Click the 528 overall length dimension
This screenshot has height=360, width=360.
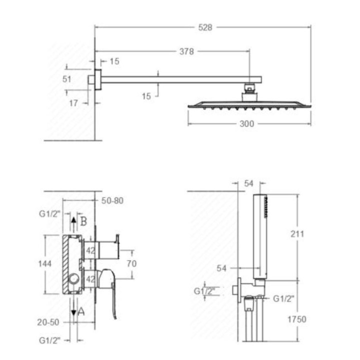(x=205, y=27)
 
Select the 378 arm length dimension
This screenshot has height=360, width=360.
(x=186, y=51)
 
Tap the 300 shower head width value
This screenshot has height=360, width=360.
(x=247, y=124)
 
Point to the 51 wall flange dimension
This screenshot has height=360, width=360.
(x=67, y=79)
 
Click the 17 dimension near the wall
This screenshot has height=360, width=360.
(x=73, y=103)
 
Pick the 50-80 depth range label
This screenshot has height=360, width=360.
(x=112, y=200)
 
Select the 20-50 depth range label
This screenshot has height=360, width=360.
(x=48, y=322)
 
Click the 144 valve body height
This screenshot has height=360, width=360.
(x=45, y=264)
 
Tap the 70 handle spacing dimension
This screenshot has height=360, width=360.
(x=131, y=264)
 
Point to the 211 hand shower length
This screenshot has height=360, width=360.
(x=297, y=234)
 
